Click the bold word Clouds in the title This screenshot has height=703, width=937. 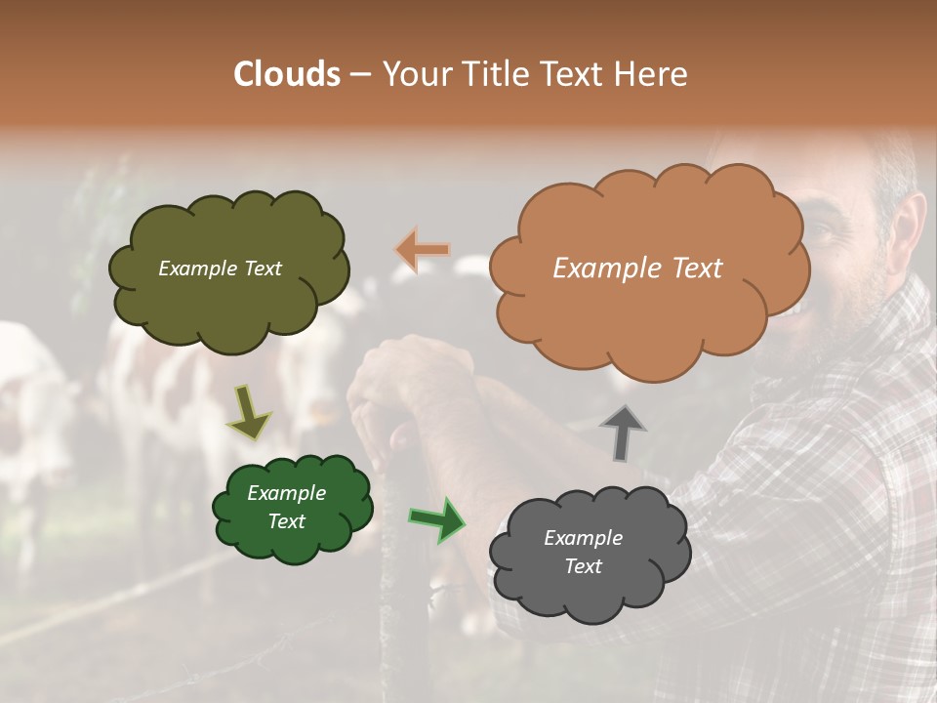click(x=286, y=74)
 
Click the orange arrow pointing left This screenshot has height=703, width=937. click(x=423, y=250)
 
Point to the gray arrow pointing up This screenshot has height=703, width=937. click(x=622, y=433)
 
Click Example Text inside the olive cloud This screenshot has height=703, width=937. click(x=220, y=269)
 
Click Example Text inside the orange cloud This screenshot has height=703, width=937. click(x=637, y=269)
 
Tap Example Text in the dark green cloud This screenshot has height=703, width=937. click(x=286, y=507)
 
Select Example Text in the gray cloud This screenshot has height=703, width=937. click(x=583, y=552)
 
